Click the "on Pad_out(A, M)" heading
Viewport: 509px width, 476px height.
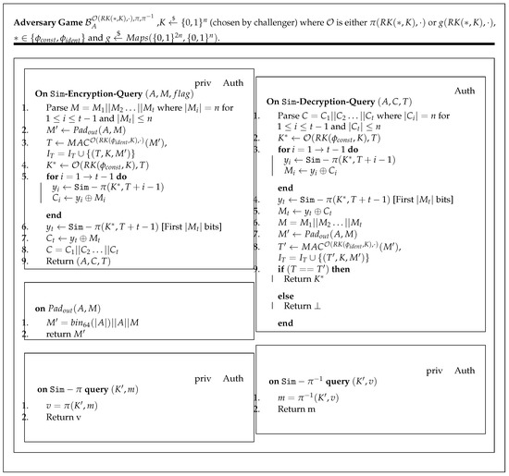click(69, 296)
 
